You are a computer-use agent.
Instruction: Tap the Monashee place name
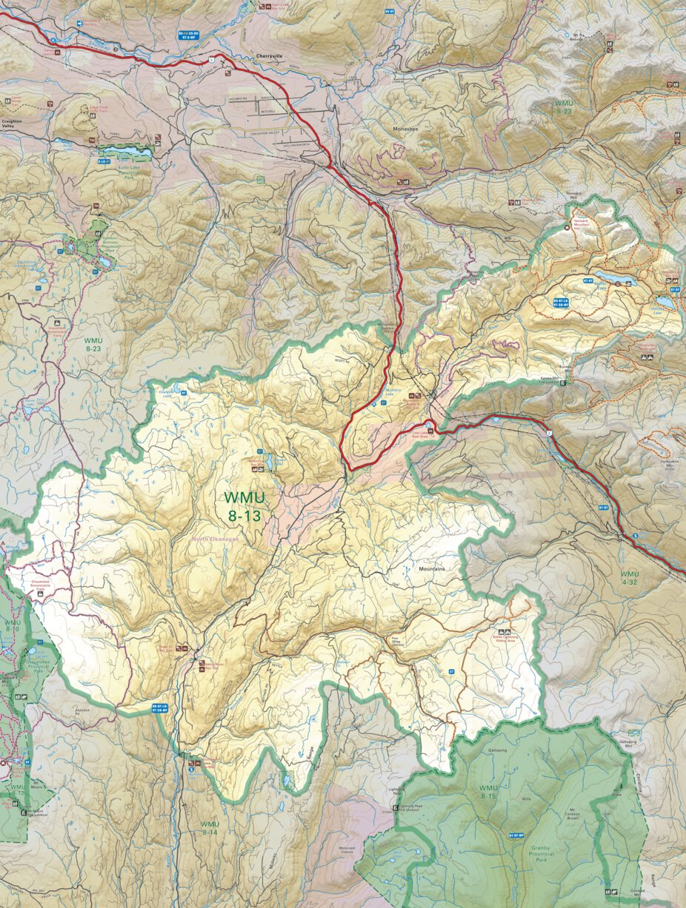pyautogui.click(x=407, y=128)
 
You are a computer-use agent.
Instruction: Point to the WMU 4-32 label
pyautogui.click(x=629, y=578)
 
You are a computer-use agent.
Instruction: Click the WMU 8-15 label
pyautogui.click(x=488, y=792)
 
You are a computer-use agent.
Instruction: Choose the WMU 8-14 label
pyautogui.click(x=210, y=828)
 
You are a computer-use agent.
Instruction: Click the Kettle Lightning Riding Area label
pyautogui.click(x=507, y=638)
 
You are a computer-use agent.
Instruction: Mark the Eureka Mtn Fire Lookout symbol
pyautogui.click(x=563, y=383)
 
